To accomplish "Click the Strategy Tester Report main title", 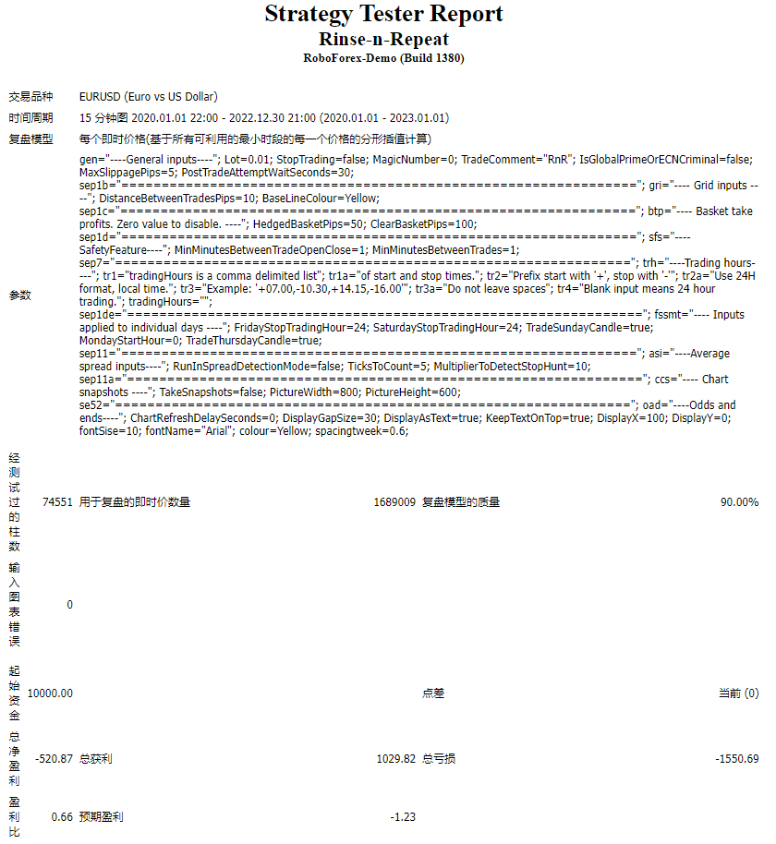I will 383,14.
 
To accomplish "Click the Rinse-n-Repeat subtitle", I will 383,39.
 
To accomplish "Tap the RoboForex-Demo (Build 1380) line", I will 383,57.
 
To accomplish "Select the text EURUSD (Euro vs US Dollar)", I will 149,96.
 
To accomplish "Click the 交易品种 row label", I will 30,96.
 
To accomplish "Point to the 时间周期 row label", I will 30,118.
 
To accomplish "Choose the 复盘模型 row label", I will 30,139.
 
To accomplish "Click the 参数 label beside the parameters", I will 19,295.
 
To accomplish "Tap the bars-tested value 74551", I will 57,502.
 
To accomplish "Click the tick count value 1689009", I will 394,502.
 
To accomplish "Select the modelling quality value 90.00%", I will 739,502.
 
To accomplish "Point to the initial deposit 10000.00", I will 50,693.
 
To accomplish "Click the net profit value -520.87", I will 54,759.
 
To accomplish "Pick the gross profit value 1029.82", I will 396,759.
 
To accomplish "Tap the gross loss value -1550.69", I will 736,759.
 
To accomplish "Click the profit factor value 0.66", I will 62,817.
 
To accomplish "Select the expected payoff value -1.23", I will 403,817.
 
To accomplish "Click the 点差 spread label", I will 433,693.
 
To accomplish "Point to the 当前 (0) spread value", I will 738,693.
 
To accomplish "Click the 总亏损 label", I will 439,759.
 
